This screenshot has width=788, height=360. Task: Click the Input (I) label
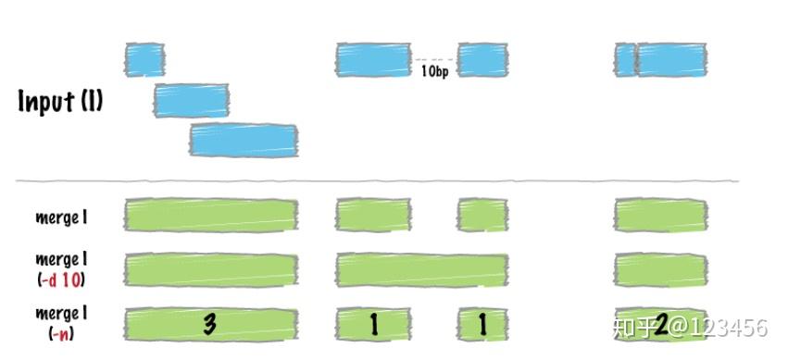pyautogui.click(x=60, y=101)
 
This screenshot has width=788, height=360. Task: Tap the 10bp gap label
pyautogui.click(x=434, y=71)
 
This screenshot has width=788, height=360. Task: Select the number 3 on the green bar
pyautogui.click(x=210, y=324)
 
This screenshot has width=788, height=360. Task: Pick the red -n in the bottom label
pyautogui.click(x=62, y=332)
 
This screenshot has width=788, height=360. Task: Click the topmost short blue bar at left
pyautogui.click(x=144, y=58)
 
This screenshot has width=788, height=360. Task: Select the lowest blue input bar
pyautogui.click(x=244, y=139)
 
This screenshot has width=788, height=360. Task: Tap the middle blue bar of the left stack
pyautogui.click(x=191, y=99)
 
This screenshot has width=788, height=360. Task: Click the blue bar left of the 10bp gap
pyautogui.click(x=373, y=59)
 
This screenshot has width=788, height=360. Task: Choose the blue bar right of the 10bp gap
pyautogui.click(x=482, y=59)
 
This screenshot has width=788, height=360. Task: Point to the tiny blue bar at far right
pyautogui.click(x=625, y=59)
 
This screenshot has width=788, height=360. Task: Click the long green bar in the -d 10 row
pyautogui.click(x=421, y=269)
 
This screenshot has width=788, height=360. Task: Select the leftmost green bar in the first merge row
pyautogui.click(x=211, y=216)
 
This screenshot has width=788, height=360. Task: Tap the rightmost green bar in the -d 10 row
pyautogui.click(x=660, y=269)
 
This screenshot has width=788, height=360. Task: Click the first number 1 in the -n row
pyautogui.click(x=373, y=324)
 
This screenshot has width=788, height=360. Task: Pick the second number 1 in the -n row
pyautogui.click(x=482, y=324)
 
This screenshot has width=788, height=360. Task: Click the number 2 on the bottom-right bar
pyautogui.click(x=661, y=324)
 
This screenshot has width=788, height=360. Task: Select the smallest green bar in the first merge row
pyautogui.click(x=482, y=216)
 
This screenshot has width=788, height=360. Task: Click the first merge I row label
pyautogui.click(x=61, y=217)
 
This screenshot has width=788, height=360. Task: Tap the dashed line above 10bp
pyautogui.click(x=433, y=60)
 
